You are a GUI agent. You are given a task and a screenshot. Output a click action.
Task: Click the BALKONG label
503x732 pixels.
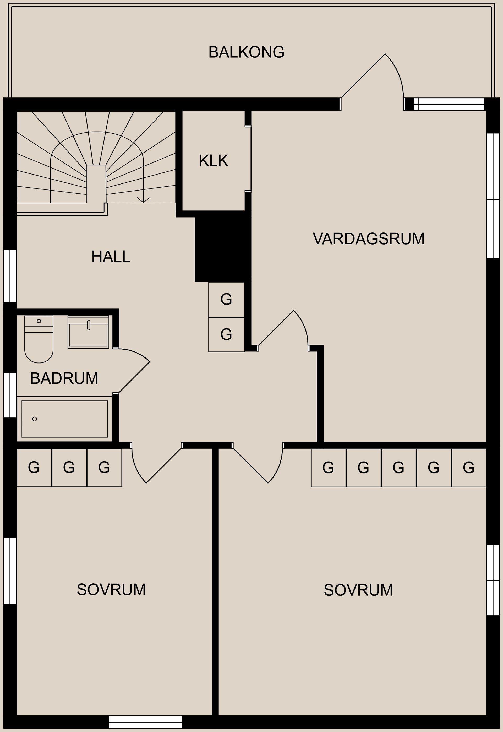tap(246, 52)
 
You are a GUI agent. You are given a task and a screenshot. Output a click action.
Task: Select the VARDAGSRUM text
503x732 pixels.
tap(368, 239)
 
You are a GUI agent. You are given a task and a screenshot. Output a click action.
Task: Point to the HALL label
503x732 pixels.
tap(111, 257)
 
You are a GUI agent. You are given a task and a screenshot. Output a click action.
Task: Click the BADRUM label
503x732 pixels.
tap(64, 378)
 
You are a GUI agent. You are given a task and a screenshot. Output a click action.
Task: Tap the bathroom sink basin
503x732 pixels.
tap(88, 334)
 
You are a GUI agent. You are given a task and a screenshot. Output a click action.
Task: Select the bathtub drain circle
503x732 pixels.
tap(35, 419)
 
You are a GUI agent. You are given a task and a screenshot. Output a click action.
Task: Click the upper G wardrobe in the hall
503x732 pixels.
tap(226, 300)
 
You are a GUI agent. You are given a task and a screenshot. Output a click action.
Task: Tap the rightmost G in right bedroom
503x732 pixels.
tap(469, 468)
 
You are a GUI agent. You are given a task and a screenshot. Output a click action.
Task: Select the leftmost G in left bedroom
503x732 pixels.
tap(34, 468)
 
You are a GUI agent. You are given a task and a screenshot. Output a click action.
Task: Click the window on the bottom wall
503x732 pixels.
tap(145, 722)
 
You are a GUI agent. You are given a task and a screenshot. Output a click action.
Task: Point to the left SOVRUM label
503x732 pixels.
tap(111, 589)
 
